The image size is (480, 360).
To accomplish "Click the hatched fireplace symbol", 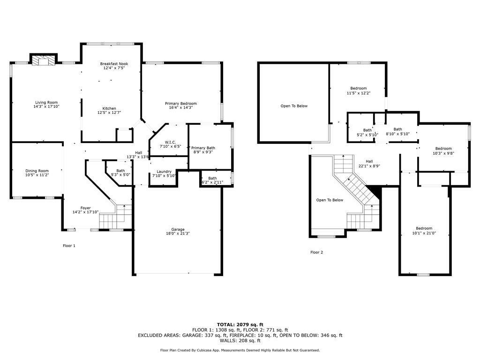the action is click(x=43, y=60).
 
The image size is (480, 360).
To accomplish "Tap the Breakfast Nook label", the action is click(x=114, y=64).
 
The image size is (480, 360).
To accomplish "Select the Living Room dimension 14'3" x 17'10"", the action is click(x=46, y=106).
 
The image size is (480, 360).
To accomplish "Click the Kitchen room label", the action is click(x=109, y=108).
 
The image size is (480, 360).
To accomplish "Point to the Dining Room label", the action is click(x=37, y=171).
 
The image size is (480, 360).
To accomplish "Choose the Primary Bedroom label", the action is click(x=181, y=104).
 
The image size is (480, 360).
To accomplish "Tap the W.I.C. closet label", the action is click(x=170, y=142).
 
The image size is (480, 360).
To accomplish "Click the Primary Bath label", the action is click(x=203, y=148).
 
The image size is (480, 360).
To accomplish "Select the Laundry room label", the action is click(x=164, y=172).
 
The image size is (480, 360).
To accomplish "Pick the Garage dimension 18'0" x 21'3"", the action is click(x=178, y=233).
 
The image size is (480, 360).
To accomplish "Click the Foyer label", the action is click(x=86, y=208).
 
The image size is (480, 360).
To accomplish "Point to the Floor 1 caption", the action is click(x=69, y=246).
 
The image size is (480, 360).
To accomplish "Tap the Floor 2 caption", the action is click(x=317, y=252).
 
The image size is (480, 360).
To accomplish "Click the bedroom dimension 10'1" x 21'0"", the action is click(x=424, y=233).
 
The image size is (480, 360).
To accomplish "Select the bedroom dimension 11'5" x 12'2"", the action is click(x=359, y=93).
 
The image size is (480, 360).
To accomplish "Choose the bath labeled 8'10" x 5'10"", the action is click(x=398, y=134).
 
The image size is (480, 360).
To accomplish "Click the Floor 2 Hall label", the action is click(x=369, y=161).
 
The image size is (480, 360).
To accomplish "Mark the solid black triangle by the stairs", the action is click(x=376, y=190).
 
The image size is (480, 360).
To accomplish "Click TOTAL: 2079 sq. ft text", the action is click(x=240, y=324).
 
